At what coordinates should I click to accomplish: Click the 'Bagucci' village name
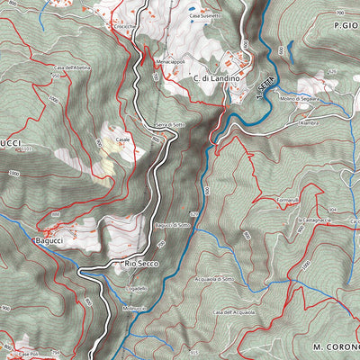[49, 241]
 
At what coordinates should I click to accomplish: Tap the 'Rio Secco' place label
[141, 263]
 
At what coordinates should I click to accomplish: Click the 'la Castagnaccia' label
[317, 219]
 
